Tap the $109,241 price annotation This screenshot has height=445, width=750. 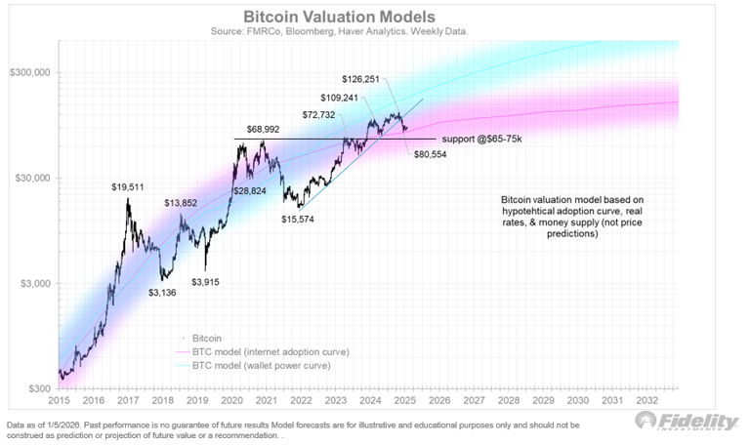344,98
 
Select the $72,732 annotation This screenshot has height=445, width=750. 318,115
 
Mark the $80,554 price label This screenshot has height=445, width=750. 430,155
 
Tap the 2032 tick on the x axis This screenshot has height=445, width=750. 647,400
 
